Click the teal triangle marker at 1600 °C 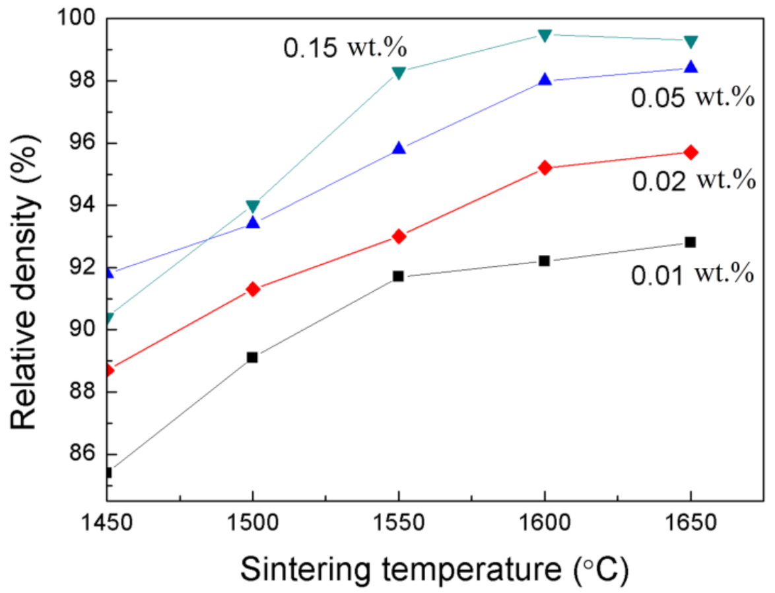(x=545, y=36)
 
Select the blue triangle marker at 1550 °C (x=399, y=148)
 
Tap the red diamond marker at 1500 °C (x=253, y=289)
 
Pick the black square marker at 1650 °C (x=691, y=242)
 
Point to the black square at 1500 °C (x=252, y=357)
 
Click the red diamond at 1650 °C (x=691, y=153)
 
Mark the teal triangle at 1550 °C (x=399, y=73)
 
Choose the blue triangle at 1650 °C (x=691, y=67)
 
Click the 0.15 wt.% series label (x=345, y=48)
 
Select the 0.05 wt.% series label (x=692, y=97)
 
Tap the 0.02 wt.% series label (x=693, y=180)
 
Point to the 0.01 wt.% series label (x=692, y=275)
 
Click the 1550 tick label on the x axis (x=398, y=523)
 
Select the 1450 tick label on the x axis (x=107, y=523)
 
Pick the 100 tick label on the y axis (x=77, y=18)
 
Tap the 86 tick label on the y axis (x=82, y=453)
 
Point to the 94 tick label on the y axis (x=82, y=204)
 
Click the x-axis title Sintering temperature (x=434, y=569)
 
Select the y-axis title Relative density (x=24, y=282)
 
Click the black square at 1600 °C (x=544, y=261)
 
